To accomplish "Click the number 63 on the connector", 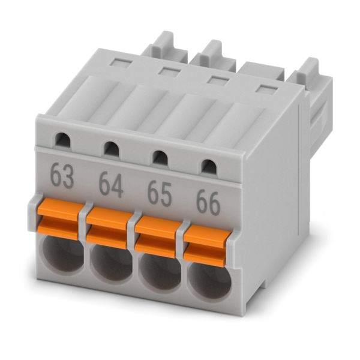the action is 62,176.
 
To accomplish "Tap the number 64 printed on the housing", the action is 111,185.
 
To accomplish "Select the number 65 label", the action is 160,194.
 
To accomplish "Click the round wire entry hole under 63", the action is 64,254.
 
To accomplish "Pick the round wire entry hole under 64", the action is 112,262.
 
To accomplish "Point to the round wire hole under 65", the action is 160,272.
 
